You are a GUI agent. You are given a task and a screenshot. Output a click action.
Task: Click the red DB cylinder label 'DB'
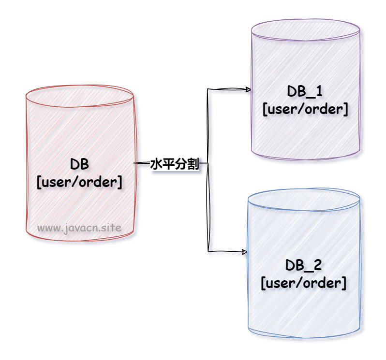coord(79,164)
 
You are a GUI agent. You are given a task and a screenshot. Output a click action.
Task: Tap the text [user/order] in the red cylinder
coord(79,182)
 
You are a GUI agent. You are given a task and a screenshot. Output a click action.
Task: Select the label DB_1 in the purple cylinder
coord(305,91)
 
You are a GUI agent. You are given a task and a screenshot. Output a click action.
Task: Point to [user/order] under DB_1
coord(305,109)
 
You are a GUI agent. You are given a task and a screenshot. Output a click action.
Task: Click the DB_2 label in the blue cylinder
coord(304,265)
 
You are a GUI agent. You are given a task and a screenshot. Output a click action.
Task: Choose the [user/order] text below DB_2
coord(304,283)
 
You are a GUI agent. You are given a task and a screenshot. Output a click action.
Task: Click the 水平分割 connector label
coord(175,164)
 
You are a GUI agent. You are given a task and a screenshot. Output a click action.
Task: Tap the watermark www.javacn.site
coord(79,227)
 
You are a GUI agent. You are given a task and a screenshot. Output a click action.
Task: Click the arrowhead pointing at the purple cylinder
coord(248,89)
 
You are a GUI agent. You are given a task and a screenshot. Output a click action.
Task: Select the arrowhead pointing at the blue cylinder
coord(244,251)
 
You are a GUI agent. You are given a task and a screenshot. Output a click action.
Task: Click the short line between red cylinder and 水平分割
coord(142,164)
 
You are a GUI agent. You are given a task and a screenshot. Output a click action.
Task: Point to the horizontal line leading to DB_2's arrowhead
coord(225,251)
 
